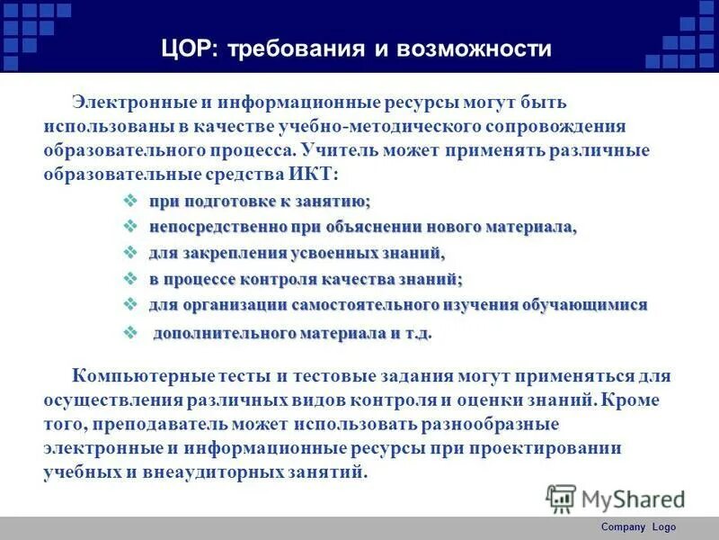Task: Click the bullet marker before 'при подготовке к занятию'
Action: click(x=129, y=201)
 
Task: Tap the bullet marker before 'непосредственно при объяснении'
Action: click(x=129, y=227)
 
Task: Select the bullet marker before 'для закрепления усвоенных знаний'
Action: click(x=129, y=253)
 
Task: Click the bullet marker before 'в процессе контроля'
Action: click(x=129, y=279)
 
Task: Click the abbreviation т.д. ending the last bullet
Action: click(x=416, y=334)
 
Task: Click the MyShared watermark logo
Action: click(x=617, y=498)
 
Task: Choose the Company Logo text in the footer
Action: click(x=638, y=527)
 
